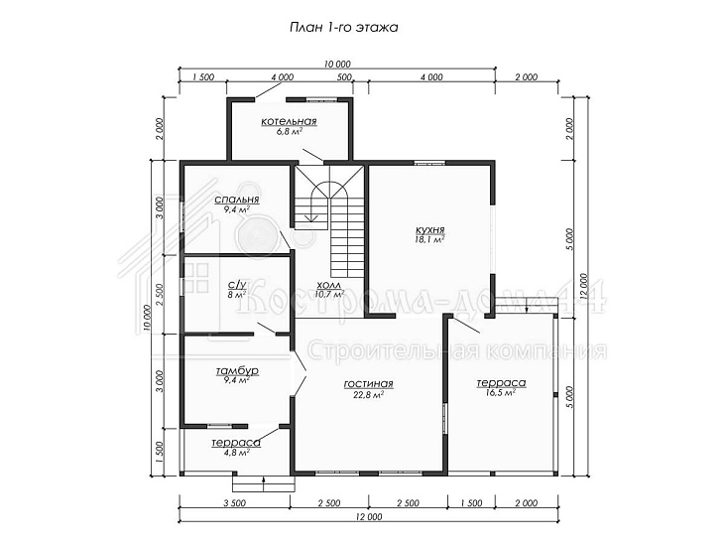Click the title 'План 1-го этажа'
pos(343,28)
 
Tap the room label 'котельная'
pos(289,121)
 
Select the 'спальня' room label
pos(237,200)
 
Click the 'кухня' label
pos(430,229)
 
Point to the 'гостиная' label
pos(369,384)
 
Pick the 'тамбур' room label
pos(237,371)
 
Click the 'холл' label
pos(329,285)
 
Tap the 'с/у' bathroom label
pos(237,284)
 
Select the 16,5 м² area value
pos(501,393)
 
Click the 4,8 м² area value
pos(236,453)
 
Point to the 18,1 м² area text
pos(430,239)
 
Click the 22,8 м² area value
pos(369,394)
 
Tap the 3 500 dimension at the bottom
pos(235,503)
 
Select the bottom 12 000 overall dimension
pos(369,516)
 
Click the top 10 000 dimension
pos(337,64)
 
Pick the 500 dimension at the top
pos(344,77)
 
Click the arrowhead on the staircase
pos(313,217)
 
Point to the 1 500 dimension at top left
pos(202,77)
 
